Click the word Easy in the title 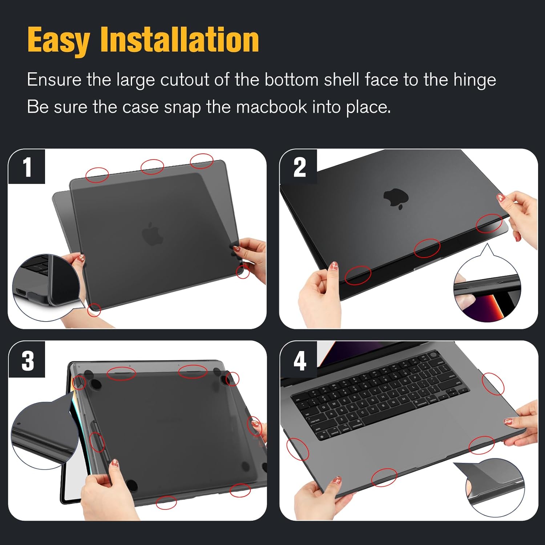pyautogui.click(x=58, y=41)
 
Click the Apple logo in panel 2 pyautogui.click(x=396, y=199)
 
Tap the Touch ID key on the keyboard pyautogui.click(x=433, y=355)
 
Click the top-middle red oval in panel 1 pyautogui.click(x=152, y=166)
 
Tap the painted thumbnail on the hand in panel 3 pyautogui.click(x=115, y=463)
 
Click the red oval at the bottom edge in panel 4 pyautogui.click(x=384, y=477)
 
